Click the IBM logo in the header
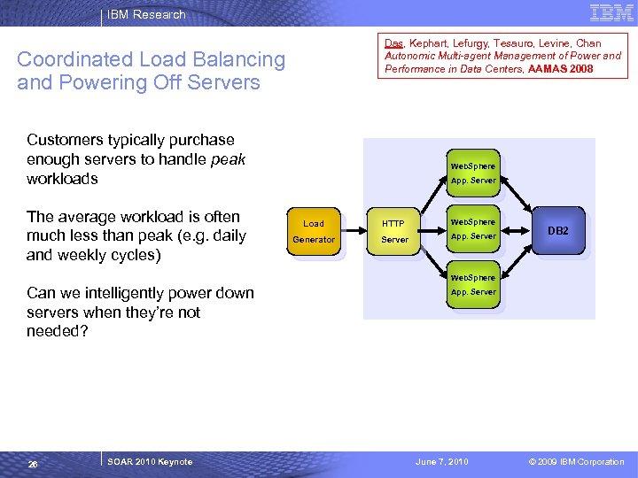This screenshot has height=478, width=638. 611,13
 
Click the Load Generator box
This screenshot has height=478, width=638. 314,231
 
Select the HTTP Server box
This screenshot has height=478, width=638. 393,231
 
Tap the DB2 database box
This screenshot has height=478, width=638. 558,230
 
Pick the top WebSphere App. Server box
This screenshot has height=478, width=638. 473,173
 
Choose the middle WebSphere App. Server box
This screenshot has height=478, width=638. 473,229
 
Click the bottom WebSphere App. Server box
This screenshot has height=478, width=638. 473,284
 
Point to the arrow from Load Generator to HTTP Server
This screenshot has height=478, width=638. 354,231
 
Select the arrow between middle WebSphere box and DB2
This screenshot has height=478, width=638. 516,231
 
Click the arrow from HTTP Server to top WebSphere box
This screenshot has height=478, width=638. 434,194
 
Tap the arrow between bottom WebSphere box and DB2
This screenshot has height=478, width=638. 517,262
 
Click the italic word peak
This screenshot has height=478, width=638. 228,159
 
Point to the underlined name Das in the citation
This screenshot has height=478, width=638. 393,43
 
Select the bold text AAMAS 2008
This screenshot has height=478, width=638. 560,69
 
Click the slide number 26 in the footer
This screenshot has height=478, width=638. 33,464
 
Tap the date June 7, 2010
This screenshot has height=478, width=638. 442,462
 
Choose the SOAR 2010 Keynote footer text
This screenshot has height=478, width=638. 150,462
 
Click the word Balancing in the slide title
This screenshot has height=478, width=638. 239,60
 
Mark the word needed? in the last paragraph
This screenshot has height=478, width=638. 58,331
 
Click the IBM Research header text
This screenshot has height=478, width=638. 146,14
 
